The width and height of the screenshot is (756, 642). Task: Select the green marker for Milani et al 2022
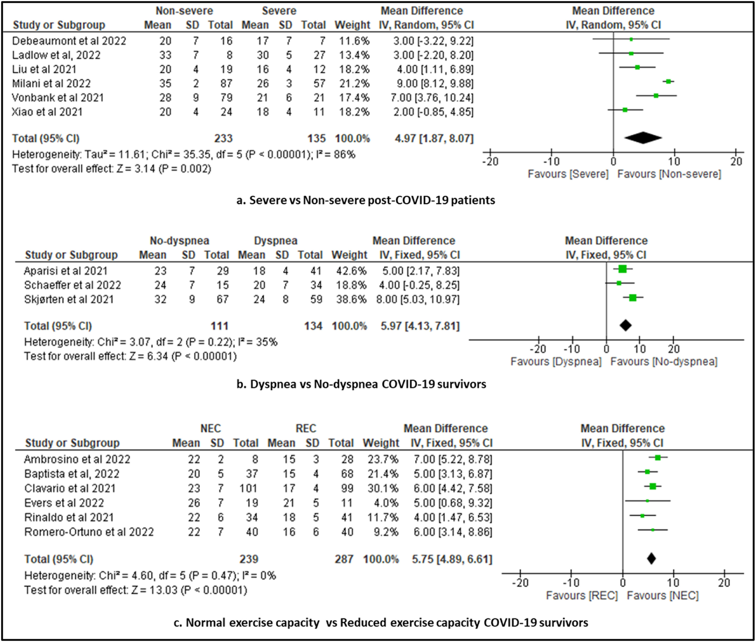pos(668,82)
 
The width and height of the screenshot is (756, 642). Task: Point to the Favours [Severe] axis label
pos(568,174)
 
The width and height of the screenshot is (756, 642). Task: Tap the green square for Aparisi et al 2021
pos(623,269)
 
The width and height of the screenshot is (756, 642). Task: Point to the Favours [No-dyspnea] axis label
pos(664,362)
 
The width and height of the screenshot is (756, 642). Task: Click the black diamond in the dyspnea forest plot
pos(625,325)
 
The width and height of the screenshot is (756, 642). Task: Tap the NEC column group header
pos(210,429)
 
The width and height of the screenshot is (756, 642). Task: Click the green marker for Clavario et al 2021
pos(653,486)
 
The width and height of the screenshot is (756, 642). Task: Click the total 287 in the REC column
pos(344,559)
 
